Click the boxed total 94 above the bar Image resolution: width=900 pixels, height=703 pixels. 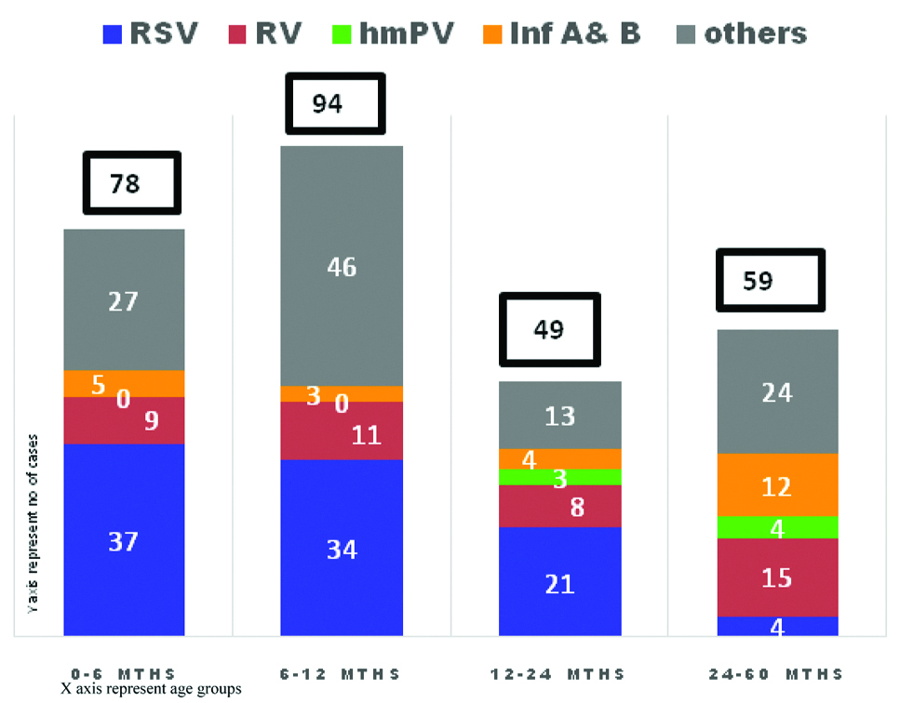(x=327, y=103)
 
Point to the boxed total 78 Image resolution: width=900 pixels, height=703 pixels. (x=126, y=183)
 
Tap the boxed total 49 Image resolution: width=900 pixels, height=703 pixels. (x=550, y=329)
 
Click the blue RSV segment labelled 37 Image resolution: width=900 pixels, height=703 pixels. (x=124, y=540)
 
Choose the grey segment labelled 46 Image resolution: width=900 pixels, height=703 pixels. (x=342, y=266)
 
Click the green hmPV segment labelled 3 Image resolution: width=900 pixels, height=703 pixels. (x=559, y=477)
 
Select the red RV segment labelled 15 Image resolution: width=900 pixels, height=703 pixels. (x=777, y=577)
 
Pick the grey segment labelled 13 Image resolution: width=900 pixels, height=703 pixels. (x=559, y=415)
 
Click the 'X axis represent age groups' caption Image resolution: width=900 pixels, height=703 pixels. (x=151, y=690)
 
